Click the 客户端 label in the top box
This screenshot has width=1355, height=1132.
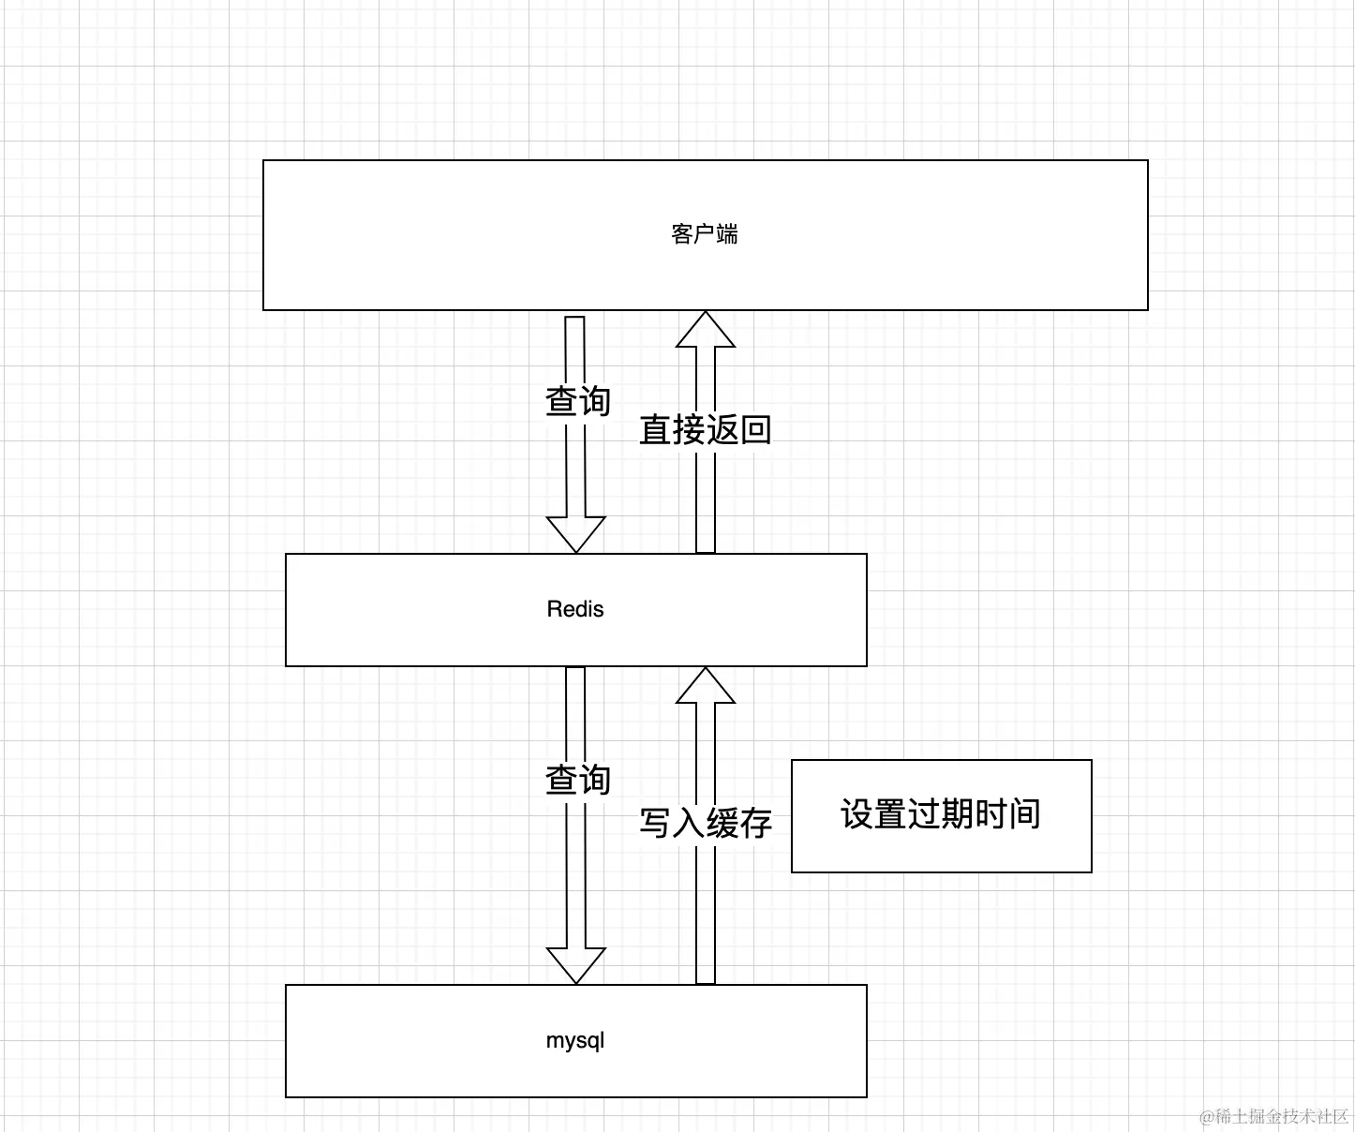click(x=705, y=234)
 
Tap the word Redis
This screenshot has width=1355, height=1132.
click(x=575, y=609)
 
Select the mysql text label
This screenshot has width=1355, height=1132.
click(x=575, y=1041)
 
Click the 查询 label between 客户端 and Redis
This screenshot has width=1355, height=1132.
click(x=578, y=402)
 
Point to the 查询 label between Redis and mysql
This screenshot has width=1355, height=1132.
click(x=578, y=780)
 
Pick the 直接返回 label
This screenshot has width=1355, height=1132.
click(x=706, y=430)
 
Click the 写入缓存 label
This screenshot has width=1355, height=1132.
click(x=706, y=823)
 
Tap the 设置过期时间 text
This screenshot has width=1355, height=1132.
click(x=941, y=814)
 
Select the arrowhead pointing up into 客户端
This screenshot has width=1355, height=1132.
click(x=706, y=330)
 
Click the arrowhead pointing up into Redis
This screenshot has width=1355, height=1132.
click(x=706, y=685)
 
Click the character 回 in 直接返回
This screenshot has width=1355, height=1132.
click(x=755, y=430)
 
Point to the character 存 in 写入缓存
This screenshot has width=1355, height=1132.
click(x=755, y=823)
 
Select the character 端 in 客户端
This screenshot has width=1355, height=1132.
click(x=727, y=234)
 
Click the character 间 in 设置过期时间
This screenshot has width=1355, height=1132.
click(x=1024, y=814)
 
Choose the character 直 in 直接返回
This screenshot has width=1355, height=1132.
click(x=656, y=430)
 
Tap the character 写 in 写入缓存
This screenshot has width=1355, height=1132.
click(x=656, y=823)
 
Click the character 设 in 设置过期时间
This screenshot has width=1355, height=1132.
click(x=857, y=814)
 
